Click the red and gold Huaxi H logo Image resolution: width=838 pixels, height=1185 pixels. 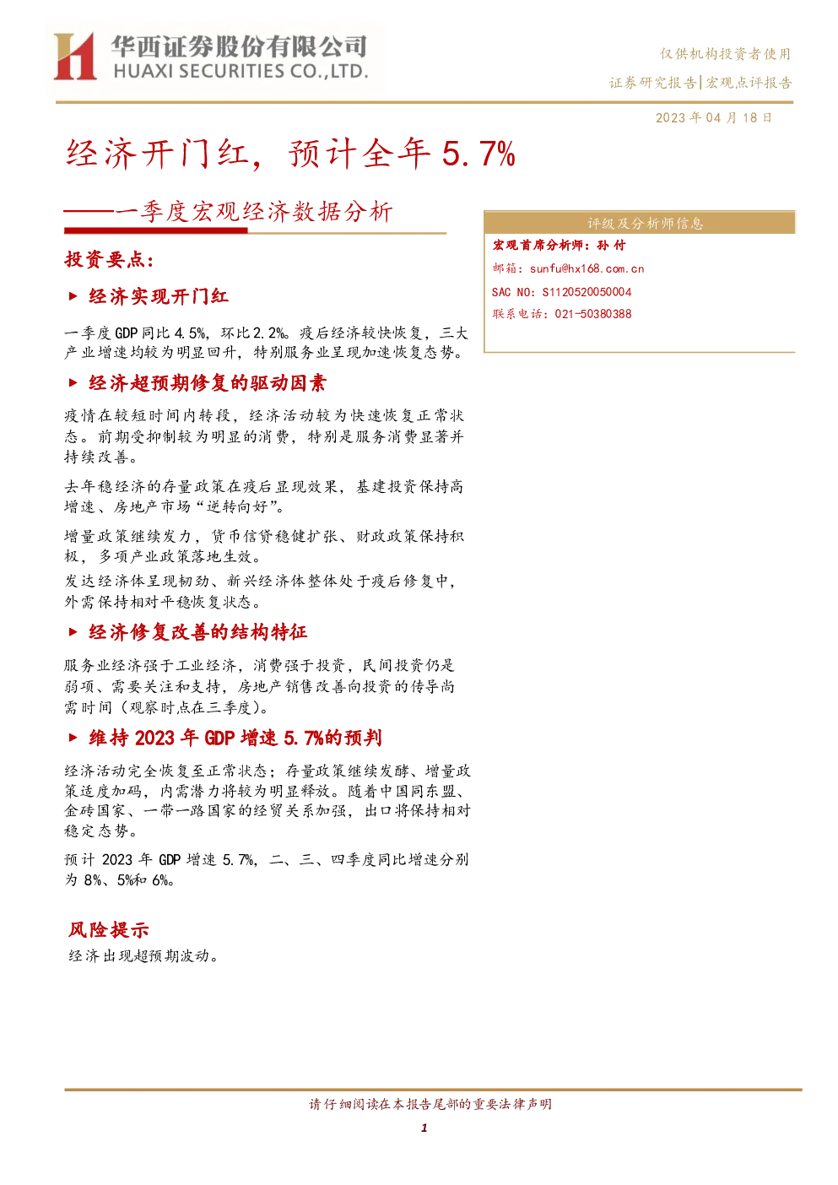(x=75, y=56)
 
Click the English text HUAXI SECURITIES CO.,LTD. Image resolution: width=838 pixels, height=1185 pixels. (x=241, y=71)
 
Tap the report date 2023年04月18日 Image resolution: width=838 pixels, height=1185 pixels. (x=714, y=117)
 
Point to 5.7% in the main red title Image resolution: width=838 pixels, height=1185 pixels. (x=478, y=154)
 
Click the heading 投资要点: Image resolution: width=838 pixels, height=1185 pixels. (x=109, y=259)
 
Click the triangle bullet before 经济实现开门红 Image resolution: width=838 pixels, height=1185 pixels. (x=73, y=296)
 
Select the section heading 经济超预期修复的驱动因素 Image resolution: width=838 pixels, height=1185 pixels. (x=208, y=382)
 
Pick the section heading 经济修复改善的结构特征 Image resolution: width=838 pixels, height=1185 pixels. (x=197, y=631)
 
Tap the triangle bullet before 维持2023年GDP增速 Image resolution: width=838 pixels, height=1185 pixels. (x=73, y=738)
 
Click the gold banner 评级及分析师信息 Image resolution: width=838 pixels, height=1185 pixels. (x=639, y=223)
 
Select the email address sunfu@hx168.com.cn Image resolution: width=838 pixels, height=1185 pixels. (x=587, y=268)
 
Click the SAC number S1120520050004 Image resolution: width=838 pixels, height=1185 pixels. (x=587, y=292)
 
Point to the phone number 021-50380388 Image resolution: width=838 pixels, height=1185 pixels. (x=593, y=314)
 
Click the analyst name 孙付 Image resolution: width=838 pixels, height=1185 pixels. (x=611, y=245)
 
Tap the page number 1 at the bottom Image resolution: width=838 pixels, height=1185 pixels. (x=424, y=1128)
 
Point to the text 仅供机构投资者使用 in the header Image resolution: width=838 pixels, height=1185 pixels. (x=725, y=53)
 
